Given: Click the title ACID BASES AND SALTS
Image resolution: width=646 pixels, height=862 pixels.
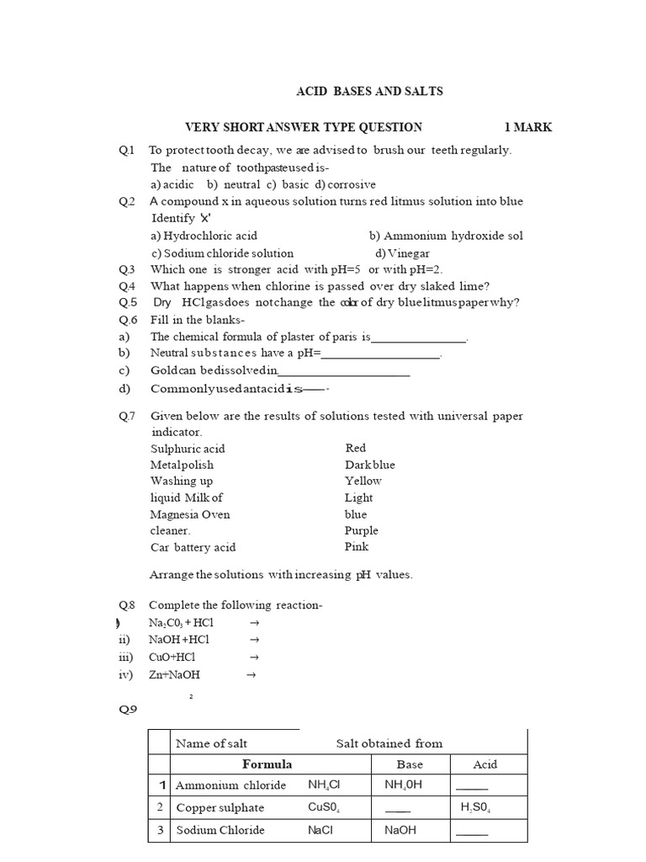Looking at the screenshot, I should [369, 91].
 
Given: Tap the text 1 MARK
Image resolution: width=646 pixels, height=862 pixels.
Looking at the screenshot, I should [528, 128].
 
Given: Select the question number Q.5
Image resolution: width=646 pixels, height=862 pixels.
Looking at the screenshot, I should [128, 303].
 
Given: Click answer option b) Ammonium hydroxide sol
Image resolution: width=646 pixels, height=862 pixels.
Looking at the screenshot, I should [446, 236].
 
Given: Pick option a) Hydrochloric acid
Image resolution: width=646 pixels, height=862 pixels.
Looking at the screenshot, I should [204, 236].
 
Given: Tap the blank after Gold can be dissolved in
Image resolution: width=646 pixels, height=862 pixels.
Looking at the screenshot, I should [344, 371].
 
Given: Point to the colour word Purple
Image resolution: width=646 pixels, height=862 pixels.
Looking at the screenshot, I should [362, 531].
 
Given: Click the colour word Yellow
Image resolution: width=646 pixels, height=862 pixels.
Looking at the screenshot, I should [363, 482].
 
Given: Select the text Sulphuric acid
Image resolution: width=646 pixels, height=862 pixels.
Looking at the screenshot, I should [188, 449].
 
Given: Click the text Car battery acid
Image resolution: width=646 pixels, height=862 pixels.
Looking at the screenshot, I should [193, 547].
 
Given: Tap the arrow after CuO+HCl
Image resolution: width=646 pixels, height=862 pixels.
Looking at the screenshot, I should [254, 657].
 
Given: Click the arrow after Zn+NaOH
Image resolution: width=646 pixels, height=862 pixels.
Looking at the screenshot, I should [250, 674].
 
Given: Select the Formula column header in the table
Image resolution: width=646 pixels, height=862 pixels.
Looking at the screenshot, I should [267, 764].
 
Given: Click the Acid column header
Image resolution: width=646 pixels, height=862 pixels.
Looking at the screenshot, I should [485, 764].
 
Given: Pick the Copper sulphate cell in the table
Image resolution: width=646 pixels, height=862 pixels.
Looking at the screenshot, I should [220, 808].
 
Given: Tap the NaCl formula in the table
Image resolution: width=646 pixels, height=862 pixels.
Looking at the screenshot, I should [320, 830].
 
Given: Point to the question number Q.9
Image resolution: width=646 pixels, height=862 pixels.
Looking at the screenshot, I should [128, 710].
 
